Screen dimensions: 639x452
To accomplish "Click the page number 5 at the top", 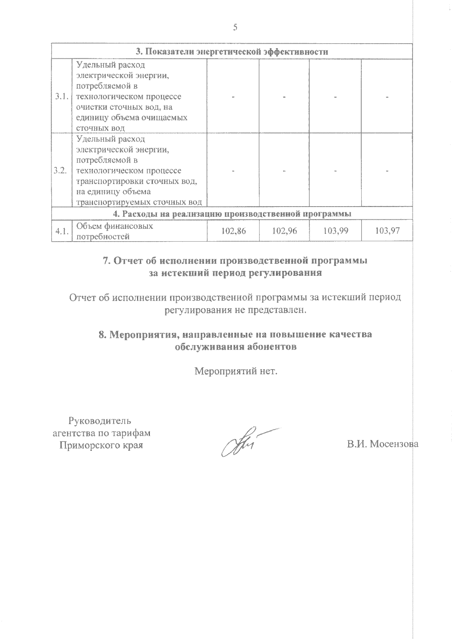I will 235,27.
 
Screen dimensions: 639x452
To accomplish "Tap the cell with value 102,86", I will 233,231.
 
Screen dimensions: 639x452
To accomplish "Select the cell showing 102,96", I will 284,231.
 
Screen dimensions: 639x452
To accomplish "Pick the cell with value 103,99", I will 335,231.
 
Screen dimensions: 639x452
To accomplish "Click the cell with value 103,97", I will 387,231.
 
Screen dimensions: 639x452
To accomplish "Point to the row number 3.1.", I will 61,97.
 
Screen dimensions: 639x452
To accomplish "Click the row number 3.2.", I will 61,171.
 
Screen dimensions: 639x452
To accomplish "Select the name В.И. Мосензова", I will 382,444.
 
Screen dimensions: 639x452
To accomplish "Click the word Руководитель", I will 100,421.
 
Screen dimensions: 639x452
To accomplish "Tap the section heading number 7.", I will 106,261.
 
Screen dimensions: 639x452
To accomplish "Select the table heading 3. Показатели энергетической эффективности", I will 232,52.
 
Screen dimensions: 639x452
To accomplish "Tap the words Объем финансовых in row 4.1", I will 115,226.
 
